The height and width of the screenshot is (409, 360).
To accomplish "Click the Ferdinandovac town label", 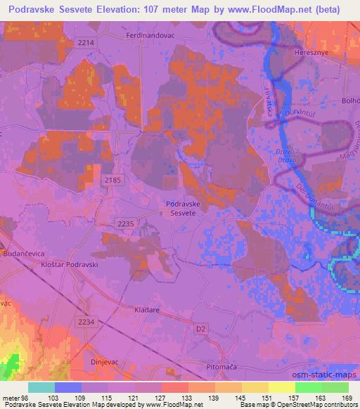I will click(150, 34).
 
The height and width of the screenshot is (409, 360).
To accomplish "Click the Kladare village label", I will click(148, 309).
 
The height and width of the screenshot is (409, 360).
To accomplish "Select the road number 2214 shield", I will click(86, 43).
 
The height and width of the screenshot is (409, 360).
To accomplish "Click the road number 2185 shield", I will click(112, 181).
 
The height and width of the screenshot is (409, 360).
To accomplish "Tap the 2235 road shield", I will click(126, 223).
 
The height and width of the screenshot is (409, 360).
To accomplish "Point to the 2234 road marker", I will click(86, 321).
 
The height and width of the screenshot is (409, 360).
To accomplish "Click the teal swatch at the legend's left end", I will click(41, 387).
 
